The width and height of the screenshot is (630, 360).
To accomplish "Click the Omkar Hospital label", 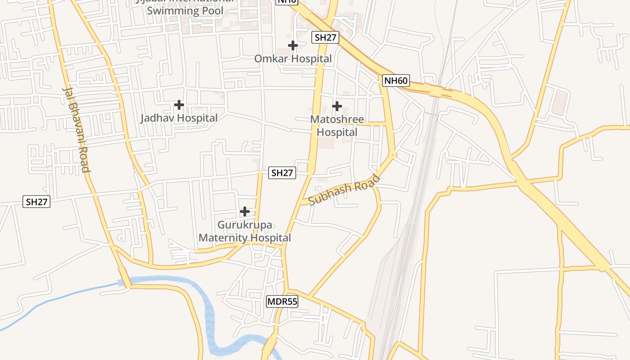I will tap(293, 58).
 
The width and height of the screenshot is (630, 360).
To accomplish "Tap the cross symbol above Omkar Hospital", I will tap(293, 45).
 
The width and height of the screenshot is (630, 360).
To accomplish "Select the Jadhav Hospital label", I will tap(179, 118).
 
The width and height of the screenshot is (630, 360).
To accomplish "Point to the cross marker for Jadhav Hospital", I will tap(179, 105).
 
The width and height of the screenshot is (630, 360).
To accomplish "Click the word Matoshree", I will tap(337, 120).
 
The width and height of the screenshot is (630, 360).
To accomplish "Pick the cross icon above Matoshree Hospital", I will tap(337, 106).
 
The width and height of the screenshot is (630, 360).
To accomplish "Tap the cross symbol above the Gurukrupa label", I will tap(245, 211).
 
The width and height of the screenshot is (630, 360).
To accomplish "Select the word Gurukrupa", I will tap(245, 225).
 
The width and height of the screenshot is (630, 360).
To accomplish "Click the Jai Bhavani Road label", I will tap(75, 129).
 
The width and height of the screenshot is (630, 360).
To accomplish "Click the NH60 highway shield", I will tap(396, 81).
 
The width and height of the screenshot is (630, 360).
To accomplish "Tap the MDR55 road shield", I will tap(282, 301).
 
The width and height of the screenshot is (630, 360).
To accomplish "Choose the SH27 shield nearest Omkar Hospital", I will tap(325, 37).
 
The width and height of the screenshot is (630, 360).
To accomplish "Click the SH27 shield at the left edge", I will tap(36, 202).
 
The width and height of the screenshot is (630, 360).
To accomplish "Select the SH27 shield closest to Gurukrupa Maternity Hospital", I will tap(282, 173).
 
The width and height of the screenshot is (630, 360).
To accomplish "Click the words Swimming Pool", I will tap(185, 11).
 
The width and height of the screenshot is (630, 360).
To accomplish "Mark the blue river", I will tap(210, 315).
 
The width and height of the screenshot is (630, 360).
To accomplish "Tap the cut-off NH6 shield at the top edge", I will tap(287, 1).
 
